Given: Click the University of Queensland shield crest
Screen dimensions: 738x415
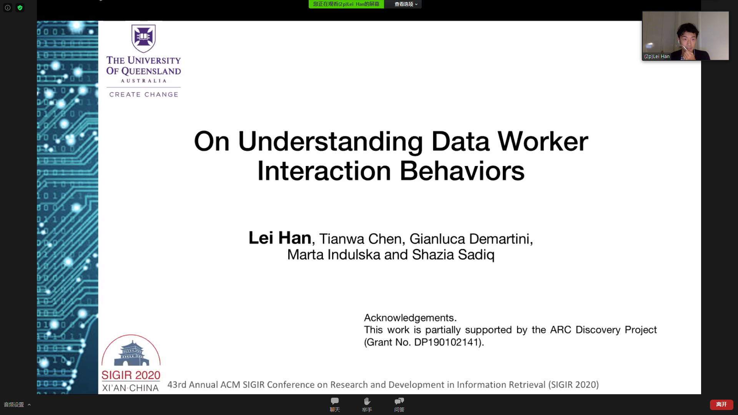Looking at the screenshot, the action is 143,38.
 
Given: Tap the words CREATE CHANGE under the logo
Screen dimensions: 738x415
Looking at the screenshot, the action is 144,95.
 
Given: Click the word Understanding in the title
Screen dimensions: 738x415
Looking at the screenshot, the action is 331,141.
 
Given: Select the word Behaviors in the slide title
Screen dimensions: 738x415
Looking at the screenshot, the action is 462,171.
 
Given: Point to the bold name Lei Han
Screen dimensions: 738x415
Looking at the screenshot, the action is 280,238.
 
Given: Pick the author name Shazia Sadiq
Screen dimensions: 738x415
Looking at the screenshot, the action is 453,255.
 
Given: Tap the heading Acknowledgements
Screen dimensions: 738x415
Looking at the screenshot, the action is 410,318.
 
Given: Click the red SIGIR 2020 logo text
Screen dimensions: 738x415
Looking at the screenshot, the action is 131,375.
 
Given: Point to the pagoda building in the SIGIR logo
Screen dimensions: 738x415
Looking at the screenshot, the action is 131,353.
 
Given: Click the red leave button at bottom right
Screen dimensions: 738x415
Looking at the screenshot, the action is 721,405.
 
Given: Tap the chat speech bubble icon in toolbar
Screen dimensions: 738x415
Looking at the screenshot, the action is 335,401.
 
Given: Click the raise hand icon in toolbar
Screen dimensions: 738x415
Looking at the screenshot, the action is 367,401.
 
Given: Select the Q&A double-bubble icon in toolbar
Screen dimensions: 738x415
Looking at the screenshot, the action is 399,401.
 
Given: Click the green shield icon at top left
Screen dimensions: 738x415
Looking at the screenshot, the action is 20,8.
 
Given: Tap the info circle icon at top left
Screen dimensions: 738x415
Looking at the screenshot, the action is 8,8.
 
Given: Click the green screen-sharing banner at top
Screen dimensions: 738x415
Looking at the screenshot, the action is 346,4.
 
